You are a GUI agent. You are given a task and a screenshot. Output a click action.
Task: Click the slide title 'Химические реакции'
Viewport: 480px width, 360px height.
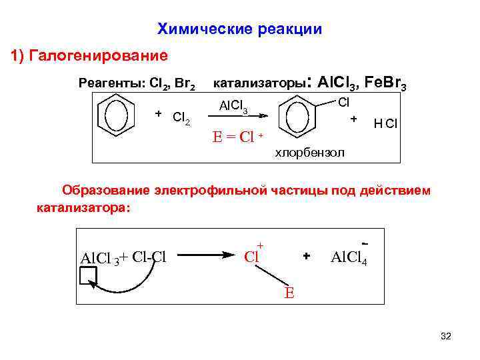point(239,29)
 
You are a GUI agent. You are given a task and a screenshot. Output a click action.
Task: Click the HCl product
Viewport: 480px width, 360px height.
point(386,123)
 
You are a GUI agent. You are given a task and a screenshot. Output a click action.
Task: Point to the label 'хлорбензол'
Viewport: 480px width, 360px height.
point(310,153)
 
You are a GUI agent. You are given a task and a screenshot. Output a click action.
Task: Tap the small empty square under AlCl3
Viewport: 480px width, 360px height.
point(89,275)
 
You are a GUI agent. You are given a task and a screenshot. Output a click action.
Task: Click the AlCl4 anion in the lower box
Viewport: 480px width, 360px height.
point(349,257)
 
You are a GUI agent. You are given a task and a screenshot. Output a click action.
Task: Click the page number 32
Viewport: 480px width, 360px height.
point(445,337)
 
